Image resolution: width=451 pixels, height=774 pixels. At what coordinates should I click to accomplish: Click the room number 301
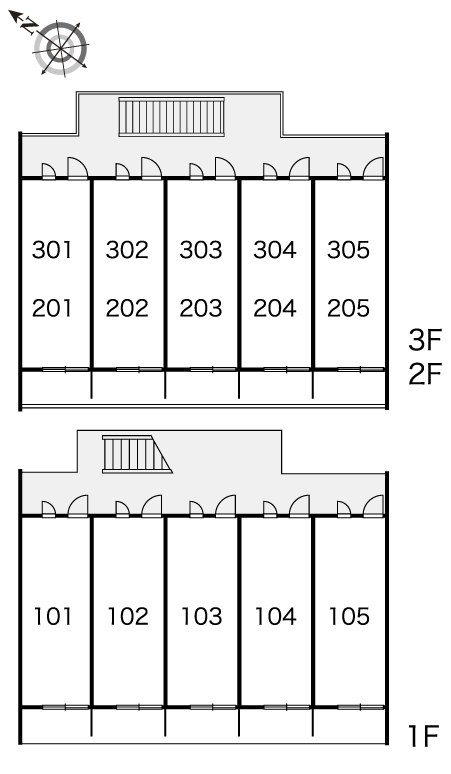[52, 250]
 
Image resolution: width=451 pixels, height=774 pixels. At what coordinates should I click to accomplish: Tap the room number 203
[201, 309]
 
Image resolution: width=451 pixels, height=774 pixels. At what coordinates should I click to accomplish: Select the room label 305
[348, 250]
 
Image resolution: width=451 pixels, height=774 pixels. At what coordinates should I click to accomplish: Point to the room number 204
[275, 309]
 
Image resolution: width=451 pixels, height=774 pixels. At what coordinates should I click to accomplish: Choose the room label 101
[52, 617]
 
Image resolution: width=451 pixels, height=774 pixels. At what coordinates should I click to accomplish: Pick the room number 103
[201, 617]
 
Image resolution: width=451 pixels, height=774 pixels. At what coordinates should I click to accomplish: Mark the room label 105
[349, 617]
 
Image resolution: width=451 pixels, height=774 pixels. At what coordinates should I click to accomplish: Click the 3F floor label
[424, 340]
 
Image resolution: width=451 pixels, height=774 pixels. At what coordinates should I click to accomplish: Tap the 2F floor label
[424, 374]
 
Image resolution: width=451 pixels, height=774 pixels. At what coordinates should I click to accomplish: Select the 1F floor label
[423, 736]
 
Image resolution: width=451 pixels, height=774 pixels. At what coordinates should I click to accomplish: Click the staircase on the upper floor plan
[172, 116]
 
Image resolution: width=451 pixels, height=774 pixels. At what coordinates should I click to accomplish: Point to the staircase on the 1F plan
[137, 454]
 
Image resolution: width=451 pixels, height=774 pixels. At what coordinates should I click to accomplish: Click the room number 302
[127, 250]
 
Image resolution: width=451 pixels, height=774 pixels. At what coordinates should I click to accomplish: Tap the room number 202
[127, 309]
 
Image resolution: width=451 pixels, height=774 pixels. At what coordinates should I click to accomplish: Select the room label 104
[275, 617]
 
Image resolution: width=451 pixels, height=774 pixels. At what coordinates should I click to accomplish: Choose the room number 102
[128, 617]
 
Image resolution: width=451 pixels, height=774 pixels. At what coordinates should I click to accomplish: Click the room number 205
[348, 309]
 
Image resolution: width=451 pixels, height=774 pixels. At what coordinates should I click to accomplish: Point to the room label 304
[275, 250]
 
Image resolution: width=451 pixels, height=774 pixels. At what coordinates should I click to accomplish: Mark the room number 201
[52, 309]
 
